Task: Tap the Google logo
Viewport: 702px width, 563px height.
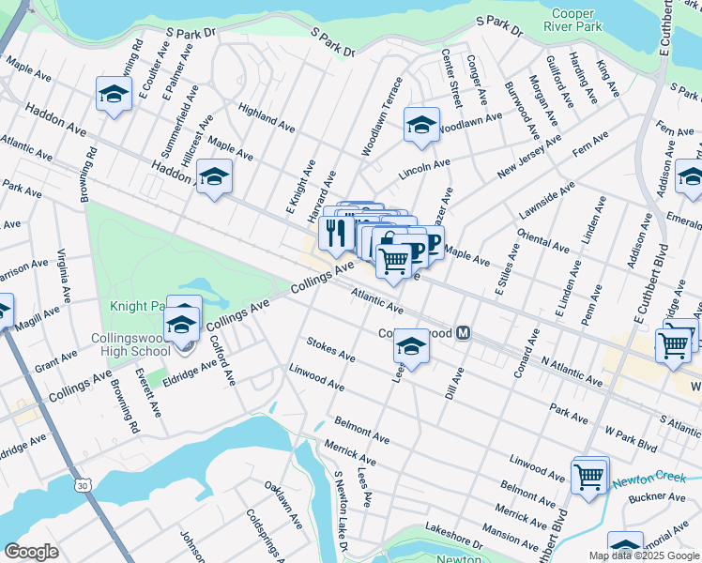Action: [x=32, y=552]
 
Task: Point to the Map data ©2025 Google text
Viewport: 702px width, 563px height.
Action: [x=644, y=555]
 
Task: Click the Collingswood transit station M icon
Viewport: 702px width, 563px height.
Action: [x=464, y=334]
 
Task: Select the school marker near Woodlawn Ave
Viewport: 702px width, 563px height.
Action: [x=421, y=124]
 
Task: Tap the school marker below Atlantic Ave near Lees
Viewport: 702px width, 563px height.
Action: [x=410, y=346]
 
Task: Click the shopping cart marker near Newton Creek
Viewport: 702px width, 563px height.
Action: [x=589, y=476]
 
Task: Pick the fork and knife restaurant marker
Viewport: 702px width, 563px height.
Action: [x=336, y=230]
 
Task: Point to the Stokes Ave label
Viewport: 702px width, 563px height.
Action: [x=330, y=351]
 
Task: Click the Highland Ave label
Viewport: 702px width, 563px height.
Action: [x=267, y=116]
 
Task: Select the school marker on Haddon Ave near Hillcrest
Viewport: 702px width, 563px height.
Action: [x=214, y=176]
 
